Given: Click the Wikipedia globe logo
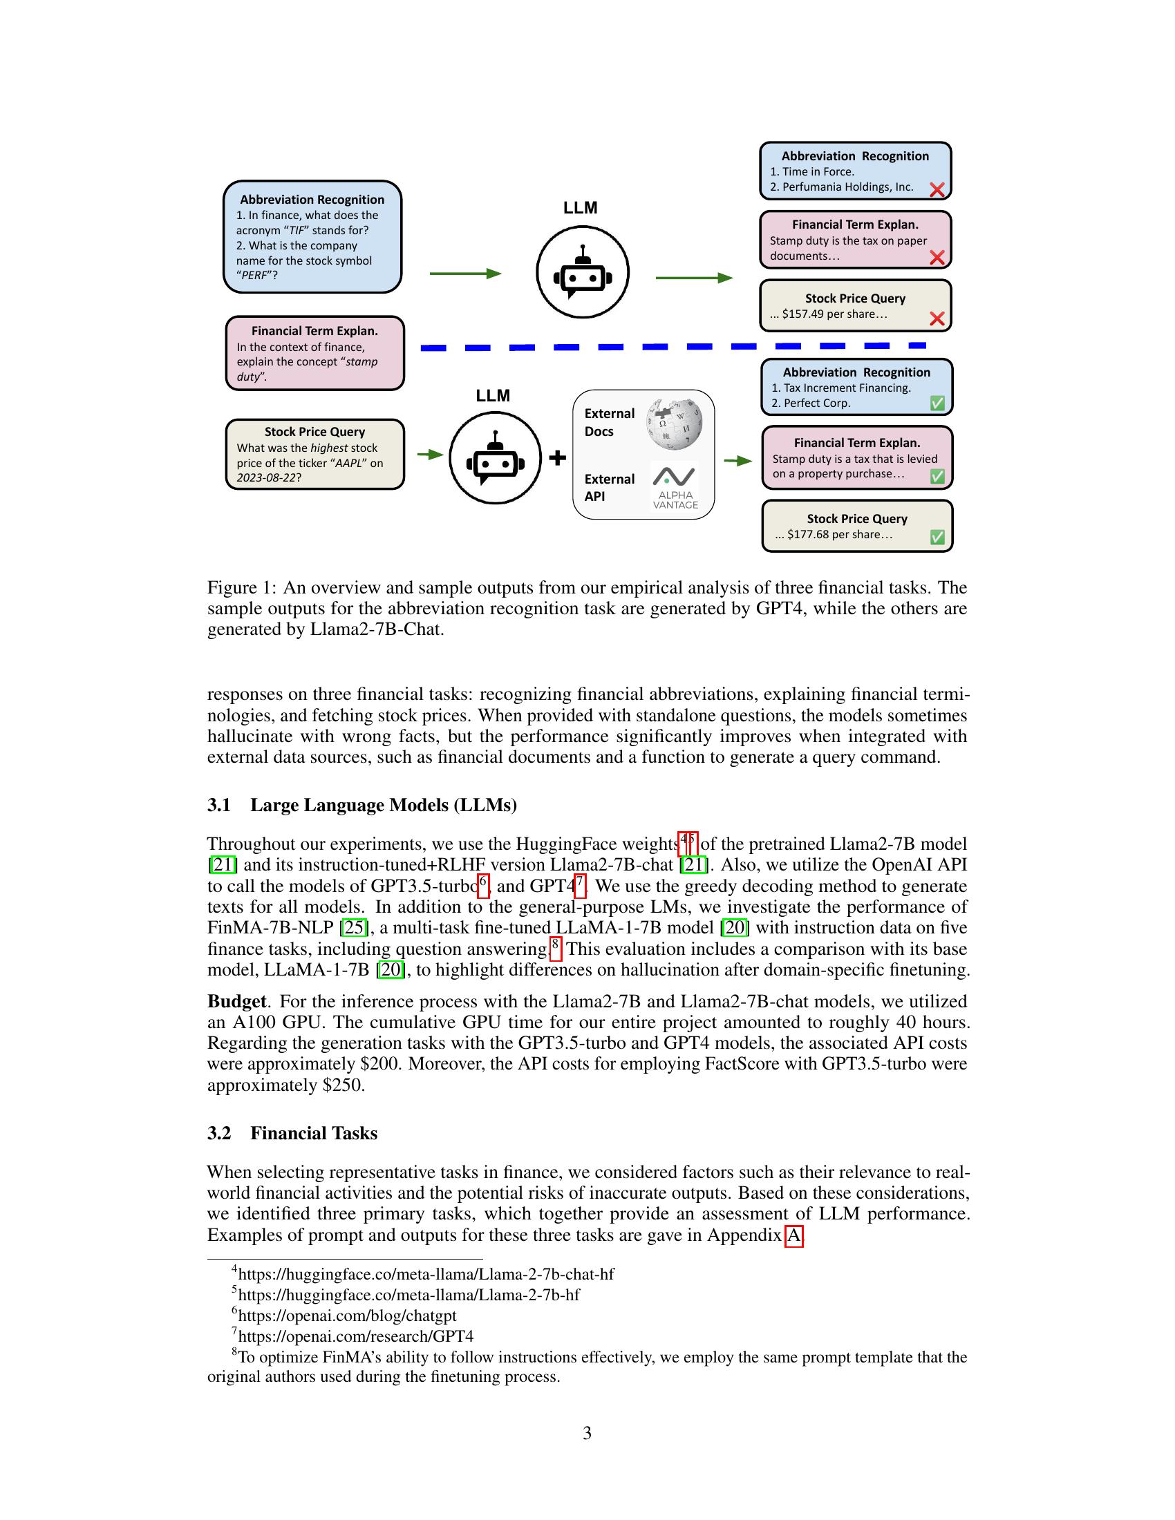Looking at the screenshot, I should [674, 424].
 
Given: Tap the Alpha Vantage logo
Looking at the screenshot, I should [675, 486].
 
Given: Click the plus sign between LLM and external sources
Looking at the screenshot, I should [558, 458].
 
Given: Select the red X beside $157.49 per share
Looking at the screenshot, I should [937, 319].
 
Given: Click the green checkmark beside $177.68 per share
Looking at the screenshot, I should [937, 537].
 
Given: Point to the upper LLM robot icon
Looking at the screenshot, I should [583, 272].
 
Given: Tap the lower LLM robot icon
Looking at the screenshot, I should [495, 458].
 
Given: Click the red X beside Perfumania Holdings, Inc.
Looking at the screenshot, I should [937, 189].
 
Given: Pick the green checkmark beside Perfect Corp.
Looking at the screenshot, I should [937, 403].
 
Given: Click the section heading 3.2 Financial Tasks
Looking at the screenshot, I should [292, 1133].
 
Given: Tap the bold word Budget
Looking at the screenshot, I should [236, 1001].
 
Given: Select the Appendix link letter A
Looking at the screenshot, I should [793, 1235].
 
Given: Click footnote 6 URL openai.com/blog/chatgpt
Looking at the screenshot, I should [347, 1315].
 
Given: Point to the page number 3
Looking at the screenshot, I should [587, 1433].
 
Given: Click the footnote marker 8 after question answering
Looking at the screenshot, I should [556, 945].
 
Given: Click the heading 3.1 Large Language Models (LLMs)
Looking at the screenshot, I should [362, 805].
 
